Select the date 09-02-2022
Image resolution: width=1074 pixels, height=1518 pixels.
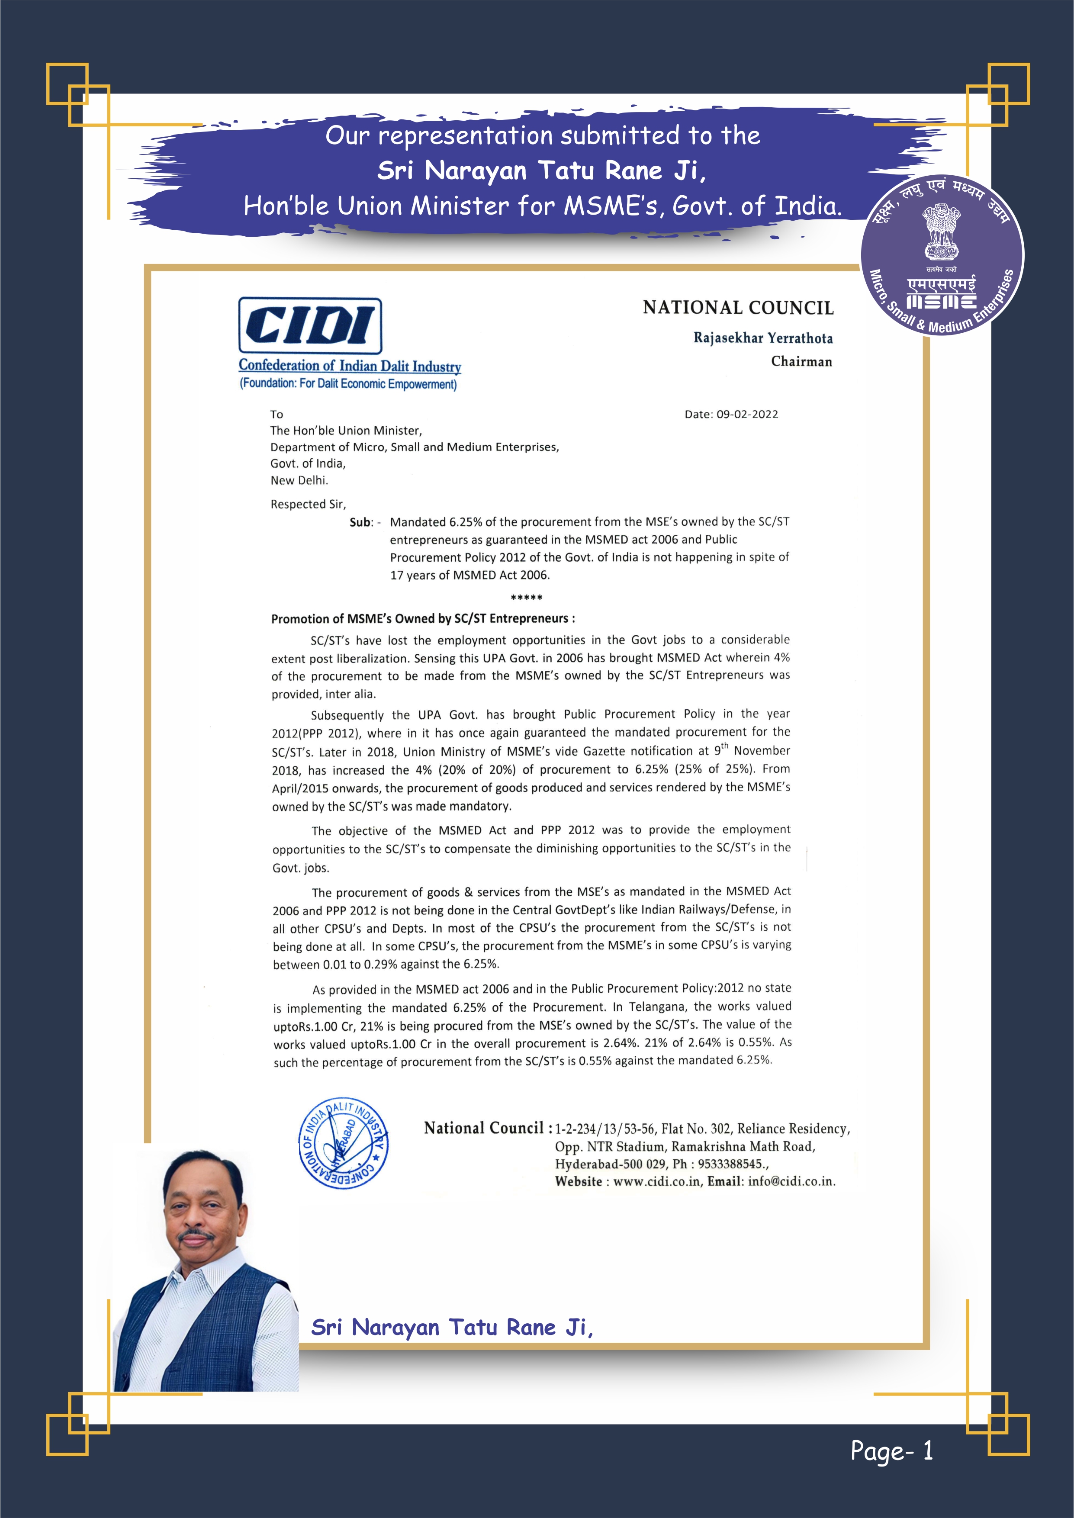click(747, 415)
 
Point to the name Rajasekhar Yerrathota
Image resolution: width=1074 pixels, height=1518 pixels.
click(762, 338)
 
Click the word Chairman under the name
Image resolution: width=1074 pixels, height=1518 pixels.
click(801, 362)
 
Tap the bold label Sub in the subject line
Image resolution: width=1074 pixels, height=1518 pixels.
click(360, 522)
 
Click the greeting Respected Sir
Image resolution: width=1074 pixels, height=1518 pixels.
click(308, 505)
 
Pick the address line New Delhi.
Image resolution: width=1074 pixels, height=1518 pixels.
click(299, 481)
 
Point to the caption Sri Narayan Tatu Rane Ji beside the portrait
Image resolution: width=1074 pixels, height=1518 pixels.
click(452, 1327)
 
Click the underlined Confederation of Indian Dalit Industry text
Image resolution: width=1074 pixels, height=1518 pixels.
click(350, 366)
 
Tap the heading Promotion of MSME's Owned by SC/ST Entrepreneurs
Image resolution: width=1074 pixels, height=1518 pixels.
click(423, 619)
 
